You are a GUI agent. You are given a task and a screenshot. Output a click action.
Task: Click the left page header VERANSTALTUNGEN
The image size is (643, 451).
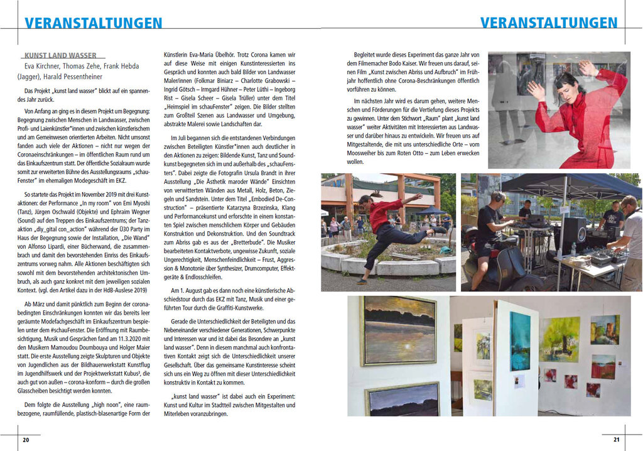[93, 23]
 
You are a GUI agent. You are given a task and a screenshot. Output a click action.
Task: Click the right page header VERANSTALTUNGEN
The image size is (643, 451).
[549, 23]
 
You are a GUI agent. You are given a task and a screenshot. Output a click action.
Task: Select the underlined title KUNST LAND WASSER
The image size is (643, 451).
[60, 55]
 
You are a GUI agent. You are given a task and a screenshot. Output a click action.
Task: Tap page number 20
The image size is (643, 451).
[26, 440]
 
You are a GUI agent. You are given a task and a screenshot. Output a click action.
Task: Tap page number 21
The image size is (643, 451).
[616, 440]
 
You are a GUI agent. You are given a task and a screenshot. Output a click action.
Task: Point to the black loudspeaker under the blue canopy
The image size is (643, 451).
[573, 232]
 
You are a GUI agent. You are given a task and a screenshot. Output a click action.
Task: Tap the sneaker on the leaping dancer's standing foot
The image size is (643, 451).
[362, 281]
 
